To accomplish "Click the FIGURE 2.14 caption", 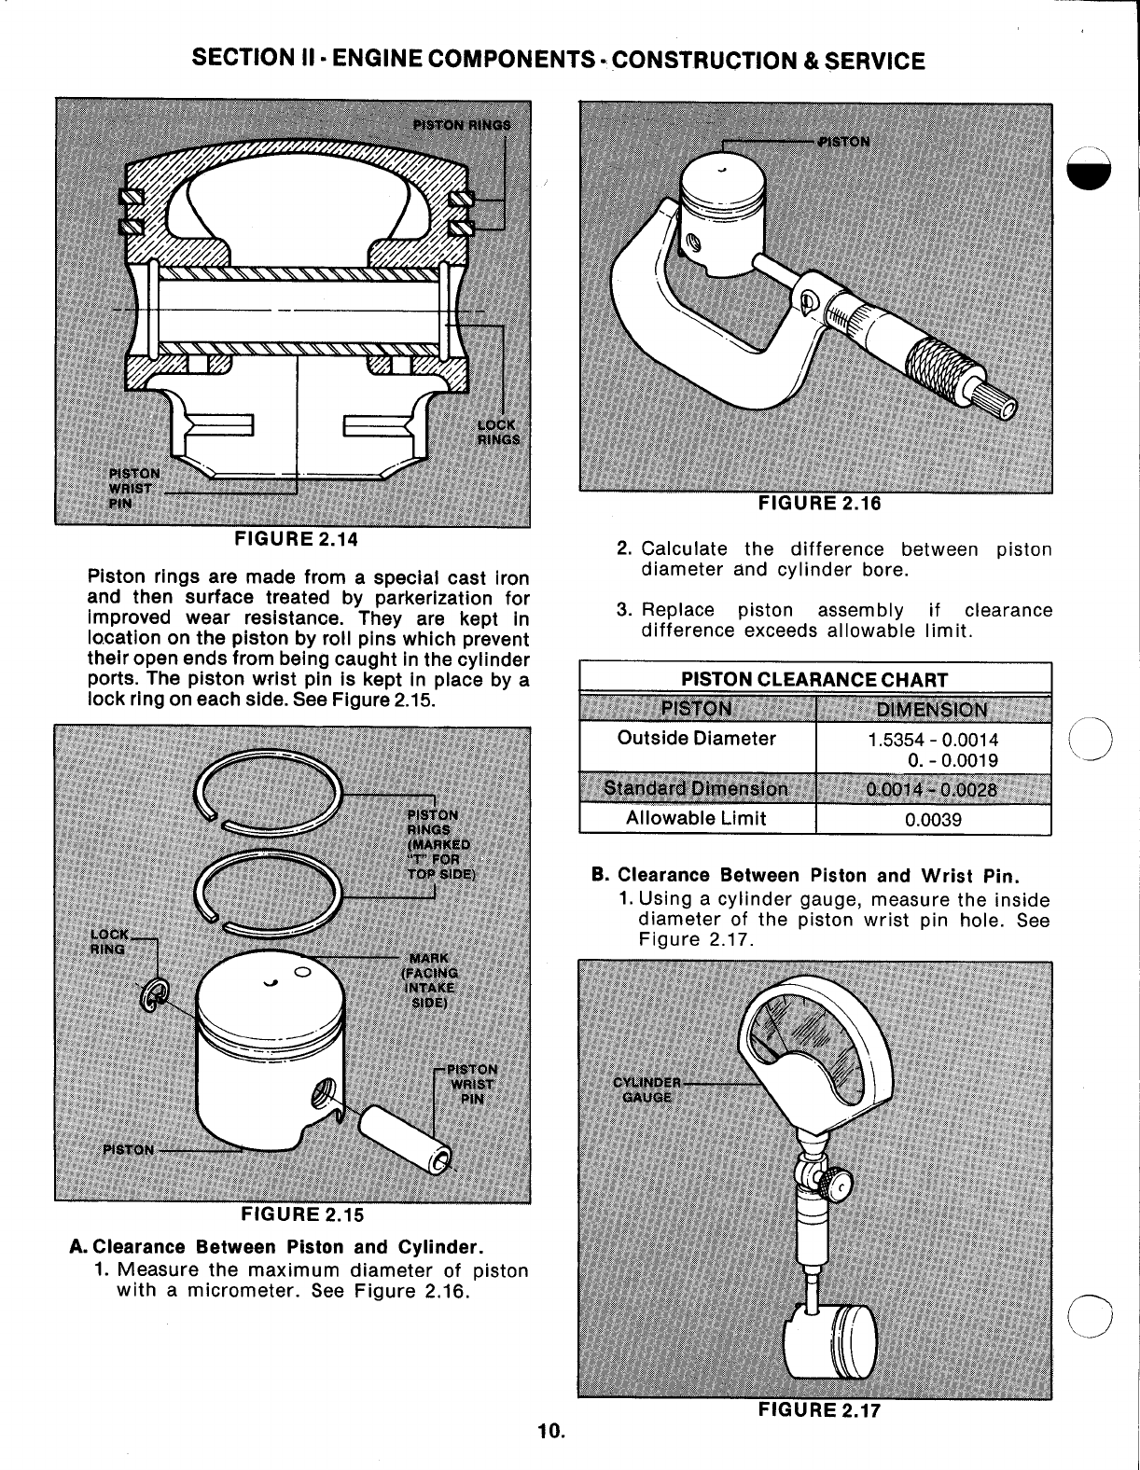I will [x=295, y=539].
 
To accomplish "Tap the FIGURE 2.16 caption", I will [x=819, y=504].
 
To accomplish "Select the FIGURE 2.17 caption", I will [x=818, y=1410].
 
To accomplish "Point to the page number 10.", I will [x=550, y=1431].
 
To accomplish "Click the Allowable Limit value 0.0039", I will [x=933, y=820].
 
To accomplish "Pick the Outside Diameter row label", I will [x=696, y=739].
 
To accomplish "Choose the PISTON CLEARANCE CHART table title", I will [x=814, y=680].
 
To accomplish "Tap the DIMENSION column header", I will [x=933, y=709].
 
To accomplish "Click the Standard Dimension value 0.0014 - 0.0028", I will [x=933, y=790].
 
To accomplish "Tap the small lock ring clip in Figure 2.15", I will [x=157, y=997].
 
